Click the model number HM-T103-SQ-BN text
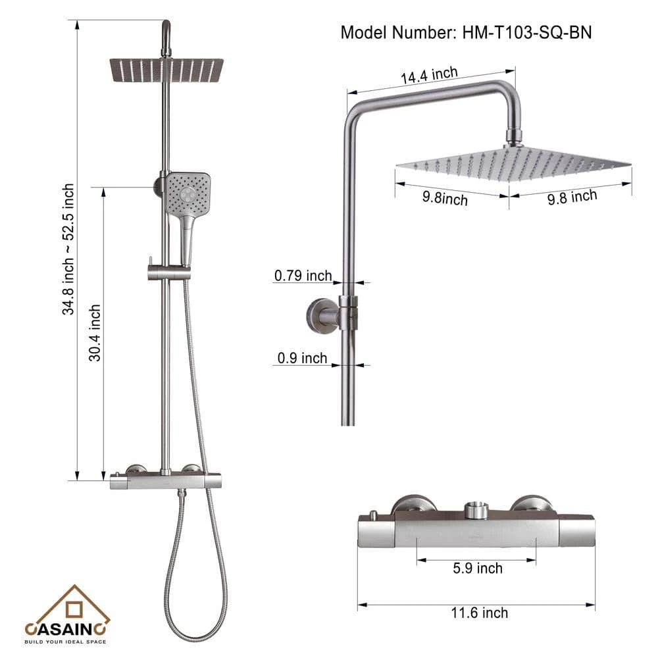(x=526, y=33)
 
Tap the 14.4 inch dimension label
(x=429, y=75)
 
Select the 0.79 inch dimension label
(x=303, y=276)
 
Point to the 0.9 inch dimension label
(x=302, y=358)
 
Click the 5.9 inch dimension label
(x=478, y=569)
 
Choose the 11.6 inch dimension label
(x=479, y=613)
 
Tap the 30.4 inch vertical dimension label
(x=95, y=333)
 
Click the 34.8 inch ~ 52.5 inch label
(x=68, y=249)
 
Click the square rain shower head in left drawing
(x=166, y=70)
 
